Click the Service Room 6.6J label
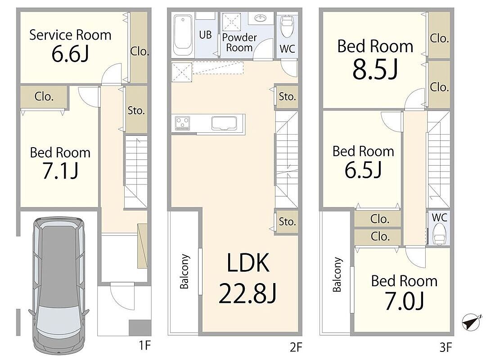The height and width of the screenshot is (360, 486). tap(70, 45)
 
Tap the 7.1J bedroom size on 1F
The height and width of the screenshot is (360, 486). tap(60, 171)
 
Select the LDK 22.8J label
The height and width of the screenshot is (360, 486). tap(247, 278)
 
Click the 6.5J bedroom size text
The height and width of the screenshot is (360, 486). tap(363, 170)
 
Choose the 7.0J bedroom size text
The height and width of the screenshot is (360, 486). tap(405, 301)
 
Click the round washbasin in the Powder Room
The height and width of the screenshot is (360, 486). tap(261, 18)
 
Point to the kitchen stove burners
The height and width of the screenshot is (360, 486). tap(182, 123)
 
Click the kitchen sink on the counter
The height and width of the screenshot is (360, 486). tap(224, 123)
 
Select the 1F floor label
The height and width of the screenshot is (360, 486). tap(144, 345)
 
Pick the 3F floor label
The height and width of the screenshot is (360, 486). tap(445, 347)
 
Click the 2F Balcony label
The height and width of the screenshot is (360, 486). tap(184, 271)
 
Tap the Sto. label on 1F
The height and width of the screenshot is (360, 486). tap(136, 110)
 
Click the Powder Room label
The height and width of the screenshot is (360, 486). tap(239, 42)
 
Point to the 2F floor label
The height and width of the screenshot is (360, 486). tap(296, 347)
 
